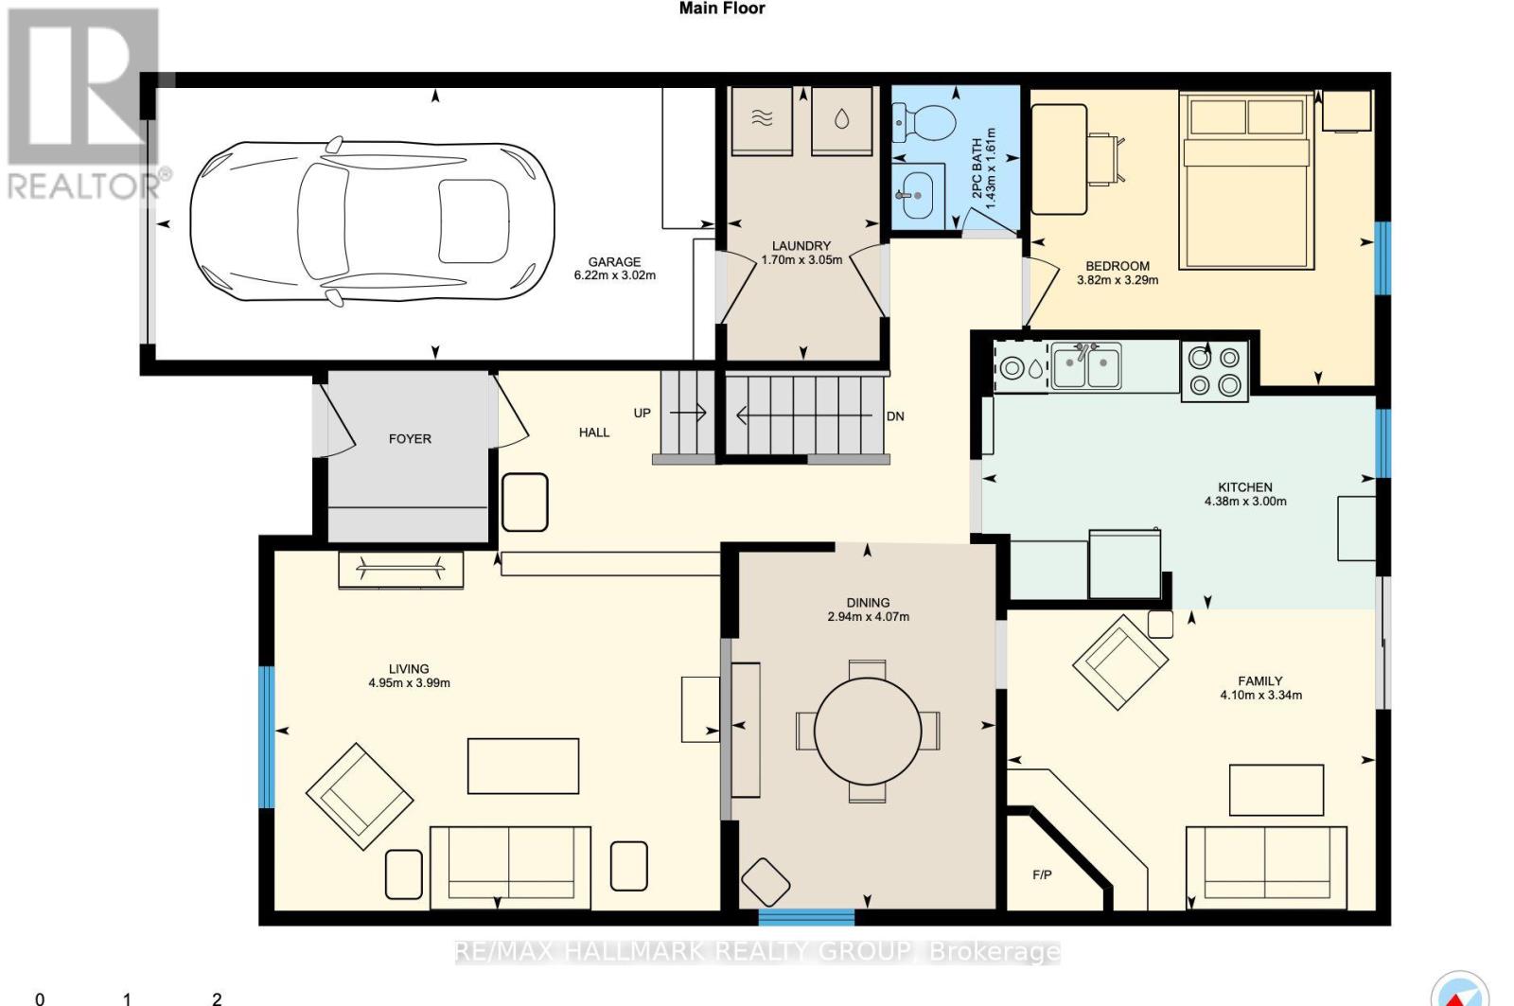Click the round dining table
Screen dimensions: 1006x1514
[868, 731]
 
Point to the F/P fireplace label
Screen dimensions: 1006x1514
[1042, 875]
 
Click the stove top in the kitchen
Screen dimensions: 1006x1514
[1215, 371]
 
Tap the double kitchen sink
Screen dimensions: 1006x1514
[1086, 367]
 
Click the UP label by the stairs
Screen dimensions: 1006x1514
[643, 414]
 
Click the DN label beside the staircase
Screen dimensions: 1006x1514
[895, 416]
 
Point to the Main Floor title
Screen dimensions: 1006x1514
[722, 9]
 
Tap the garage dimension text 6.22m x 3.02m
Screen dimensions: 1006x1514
[614, 276]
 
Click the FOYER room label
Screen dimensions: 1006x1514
[410, 439]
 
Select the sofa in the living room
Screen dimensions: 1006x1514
[510, 866]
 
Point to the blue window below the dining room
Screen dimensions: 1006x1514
[806, 917]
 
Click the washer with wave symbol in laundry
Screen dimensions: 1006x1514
[763, 119]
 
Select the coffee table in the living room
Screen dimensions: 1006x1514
[523, 766]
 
